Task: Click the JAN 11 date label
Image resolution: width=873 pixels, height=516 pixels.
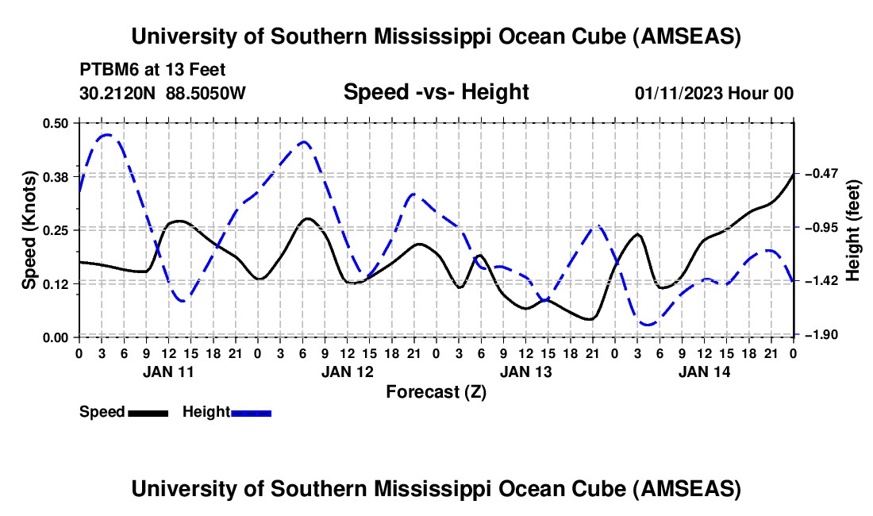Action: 168,371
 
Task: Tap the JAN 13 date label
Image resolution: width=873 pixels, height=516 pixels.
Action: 526,371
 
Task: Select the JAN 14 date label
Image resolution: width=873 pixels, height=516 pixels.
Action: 705,371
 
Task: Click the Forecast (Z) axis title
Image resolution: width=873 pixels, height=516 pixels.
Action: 436,391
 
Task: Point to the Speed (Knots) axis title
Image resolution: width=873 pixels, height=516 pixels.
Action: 29,230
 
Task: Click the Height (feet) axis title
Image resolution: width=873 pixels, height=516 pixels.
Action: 853,230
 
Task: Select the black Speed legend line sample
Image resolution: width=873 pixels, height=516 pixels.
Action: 147,412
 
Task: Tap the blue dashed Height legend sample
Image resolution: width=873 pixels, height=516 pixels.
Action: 251,412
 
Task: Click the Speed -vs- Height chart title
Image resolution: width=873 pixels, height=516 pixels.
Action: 436,92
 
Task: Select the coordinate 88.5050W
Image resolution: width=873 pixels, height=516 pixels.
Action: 206,94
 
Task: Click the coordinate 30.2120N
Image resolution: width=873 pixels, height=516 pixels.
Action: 118,94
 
